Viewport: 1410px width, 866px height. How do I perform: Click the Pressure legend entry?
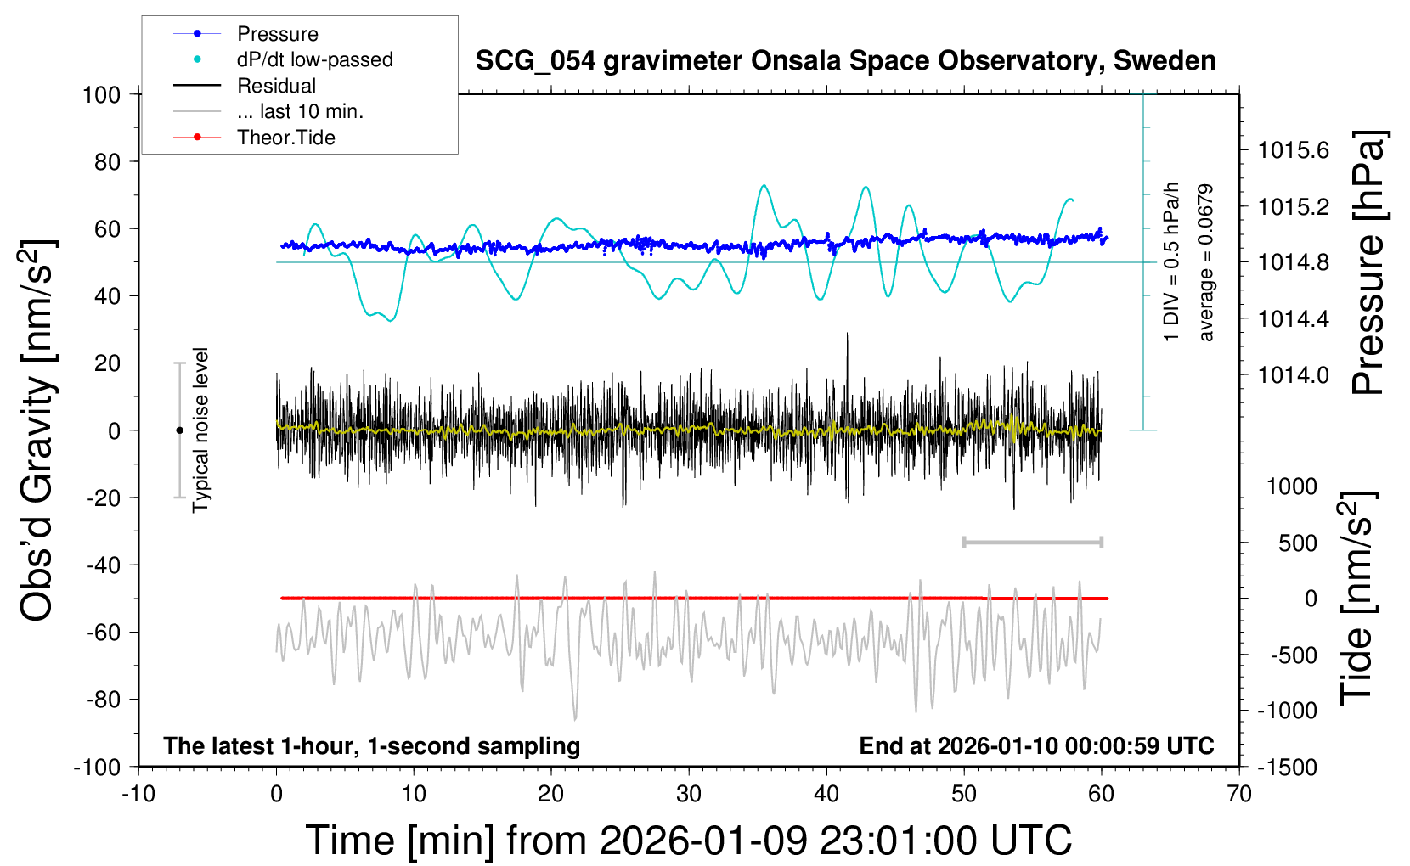(277, 34)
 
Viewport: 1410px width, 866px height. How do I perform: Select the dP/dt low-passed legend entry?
(314, 59)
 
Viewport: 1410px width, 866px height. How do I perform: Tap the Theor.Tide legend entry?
(285, 138)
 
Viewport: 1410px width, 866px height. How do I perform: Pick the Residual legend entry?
(276, 86)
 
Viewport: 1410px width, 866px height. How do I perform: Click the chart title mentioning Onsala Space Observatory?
(845, 61)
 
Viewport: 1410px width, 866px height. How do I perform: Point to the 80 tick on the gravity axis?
(107, 161)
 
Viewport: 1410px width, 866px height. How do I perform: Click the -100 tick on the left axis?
(98, 767)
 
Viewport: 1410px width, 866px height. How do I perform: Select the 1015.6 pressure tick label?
(1293, 150)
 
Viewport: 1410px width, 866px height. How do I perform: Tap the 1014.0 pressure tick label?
(1293, 374)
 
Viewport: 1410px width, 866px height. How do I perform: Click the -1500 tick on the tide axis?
(1288, 767)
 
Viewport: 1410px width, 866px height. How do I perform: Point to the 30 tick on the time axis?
(689, 794)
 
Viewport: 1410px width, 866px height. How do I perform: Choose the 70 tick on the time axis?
(1239, 794)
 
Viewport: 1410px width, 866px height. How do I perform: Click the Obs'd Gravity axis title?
(39, 430)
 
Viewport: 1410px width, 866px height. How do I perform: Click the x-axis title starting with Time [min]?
(689, 841)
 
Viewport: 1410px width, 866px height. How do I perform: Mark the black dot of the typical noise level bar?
(179, 430)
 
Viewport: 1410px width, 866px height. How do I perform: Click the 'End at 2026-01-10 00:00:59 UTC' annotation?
(1036, 745)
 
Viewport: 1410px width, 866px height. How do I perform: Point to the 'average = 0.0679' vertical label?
(1205, 262)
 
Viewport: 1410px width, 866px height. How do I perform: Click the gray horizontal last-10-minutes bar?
(1032, 542)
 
